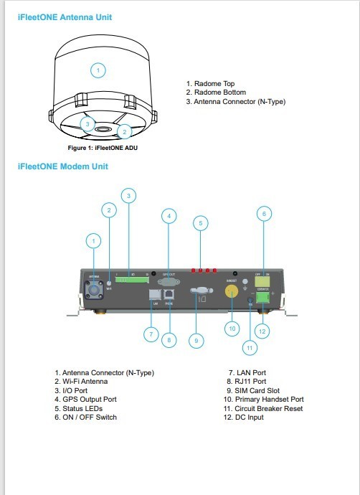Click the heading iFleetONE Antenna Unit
[65, 16]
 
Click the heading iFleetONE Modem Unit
[62, 166]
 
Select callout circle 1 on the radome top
[99, 70]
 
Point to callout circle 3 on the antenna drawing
[87, 124]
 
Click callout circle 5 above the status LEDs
[201, 223]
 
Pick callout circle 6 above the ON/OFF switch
[264, 213]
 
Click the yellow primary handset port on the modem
[232, 292]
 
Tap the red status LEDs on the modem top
[202, 270]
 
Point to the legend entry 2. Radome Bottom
[215, 93]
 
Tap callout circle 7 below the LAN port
[150, 334]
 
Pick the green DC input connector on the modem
[264, 296]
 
